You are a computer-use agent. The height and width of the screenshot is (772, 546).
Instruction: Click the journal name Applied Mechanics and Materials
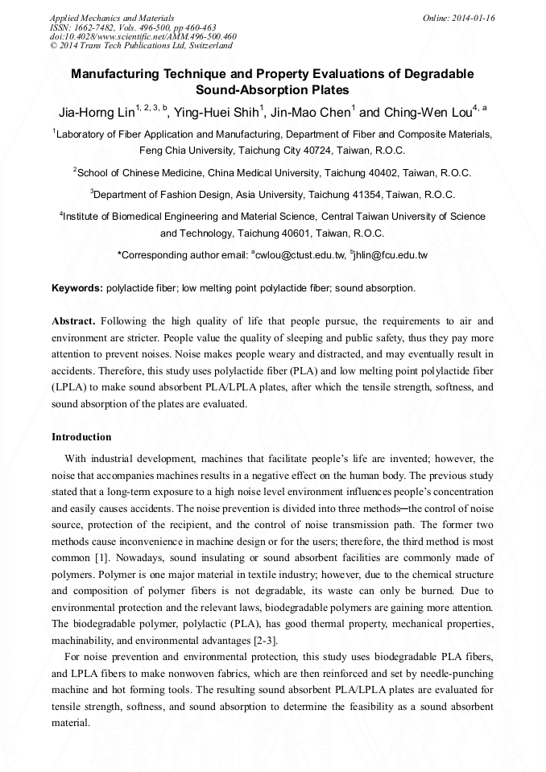(x=112, y=18)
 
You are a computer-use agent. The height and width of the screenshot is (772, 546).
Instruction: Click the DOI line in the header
(x=143, y=36)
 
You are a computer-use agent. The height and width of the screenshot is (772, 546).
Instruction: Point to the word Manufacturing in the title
(x=116, y=73)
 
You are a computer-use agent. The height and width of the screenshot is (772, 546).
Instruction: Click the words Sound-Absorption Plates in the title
(x=272, y=90)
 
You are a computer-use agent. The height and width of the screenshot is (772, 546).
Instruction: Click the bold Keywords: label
(x=77, y=288)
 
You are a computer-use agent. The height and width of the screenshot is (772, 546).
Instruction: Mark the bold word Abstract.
(x=73, y=320)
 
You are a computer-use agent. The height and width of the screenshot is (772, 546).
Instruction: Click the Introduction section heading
(x=81, y=437)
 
